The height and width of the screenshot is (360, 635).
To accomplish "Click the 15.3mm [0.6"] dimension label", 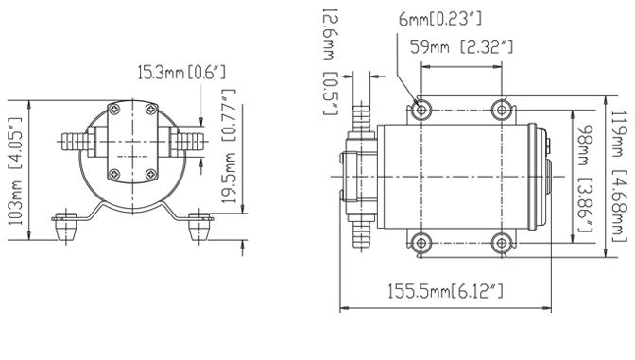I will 181,72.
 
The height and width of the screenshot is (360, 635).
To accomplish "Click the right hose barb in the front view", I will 188,147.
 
